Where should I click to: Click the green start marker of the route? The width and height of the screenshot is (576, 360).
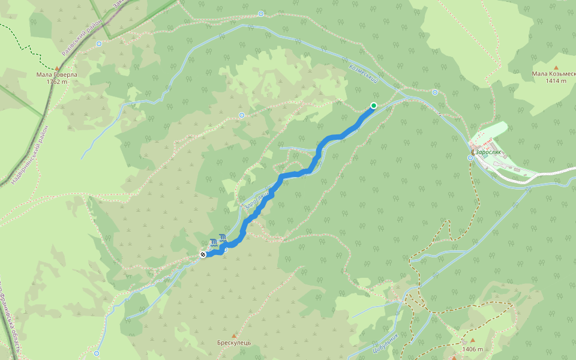tap(373, 106)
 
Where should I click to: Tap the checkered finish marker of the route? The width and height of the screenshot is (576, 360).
tap(203, 254)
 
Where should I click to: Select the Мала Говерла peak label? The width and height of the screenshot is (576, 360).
tap(57, 74)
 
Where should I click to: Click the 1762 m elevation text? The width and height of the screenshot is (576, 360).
tap(57, 82)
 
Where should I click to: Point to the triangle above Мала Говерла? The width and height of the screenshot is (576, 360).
tap(57, 67)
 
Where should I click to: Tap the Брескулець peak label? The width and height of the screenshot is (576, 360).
tap(234, 343)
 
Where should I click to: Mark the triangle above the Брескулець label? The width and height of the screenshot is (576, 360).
tap(234, 335)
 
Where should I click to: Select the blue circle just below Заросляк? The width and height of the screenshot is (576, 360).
tap(472, 158)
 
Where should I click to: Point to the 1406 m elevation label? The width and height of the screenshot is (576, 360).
tap(473, 349)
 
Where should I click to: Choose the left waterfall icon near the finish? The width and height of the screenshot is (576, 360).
tap(214, 242)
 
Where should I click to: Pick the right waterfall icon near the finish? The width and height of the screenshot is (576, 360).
tap(223, 238)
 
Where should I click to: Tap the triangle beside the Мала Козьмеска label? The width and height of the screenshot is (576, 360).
tap(556, 67)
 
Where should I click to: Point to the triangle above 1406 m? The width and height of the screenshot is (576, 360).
tap(472, 341)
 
